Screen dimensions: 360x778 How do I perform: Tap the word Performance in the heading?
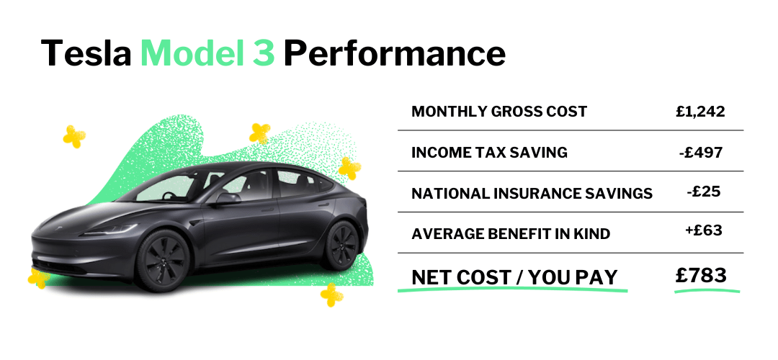pyautogui.click(x=394, y=55)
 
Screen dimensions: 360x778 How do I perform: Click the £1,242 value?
pyautogui.click(x=700, y=112)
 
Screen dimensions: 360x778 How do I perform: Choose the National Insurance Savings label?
pyautogui.click(x=532, y=194)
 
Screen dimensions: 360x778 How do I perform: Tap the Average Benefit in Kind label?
pyautogui.click(x=510, y=234)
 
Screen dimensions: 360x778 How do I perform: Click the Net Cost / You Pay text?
pyautogui.click(x=514, y=277)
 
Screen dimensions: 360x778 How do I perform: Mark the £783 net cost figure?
pyautogui.click(x=701, y=274)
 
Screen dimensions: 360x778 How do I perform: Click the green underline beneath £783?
pyautogui.click(x=707, y=291)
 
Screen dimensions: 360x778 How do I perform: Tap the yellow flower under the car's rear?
pyautogui.click(x=331, y=294)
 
